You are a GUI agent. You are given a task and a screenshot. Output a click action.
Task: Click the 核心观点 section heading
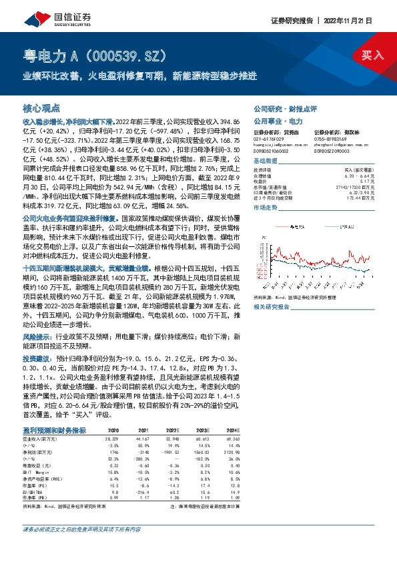pos(41,107)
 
